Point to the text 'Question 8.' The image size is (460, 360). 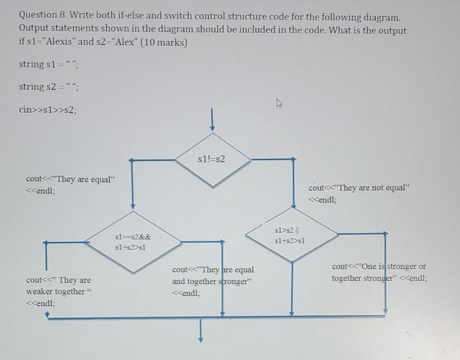pos(42,18)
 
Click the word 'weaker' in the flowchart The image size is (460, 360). pos(41,291)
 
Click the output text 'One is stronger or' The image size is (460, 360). pos(379,266)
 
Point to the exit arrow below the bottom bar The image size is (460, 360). pos(200,330)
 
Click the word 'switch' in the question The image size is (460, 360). pos(149,18)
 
